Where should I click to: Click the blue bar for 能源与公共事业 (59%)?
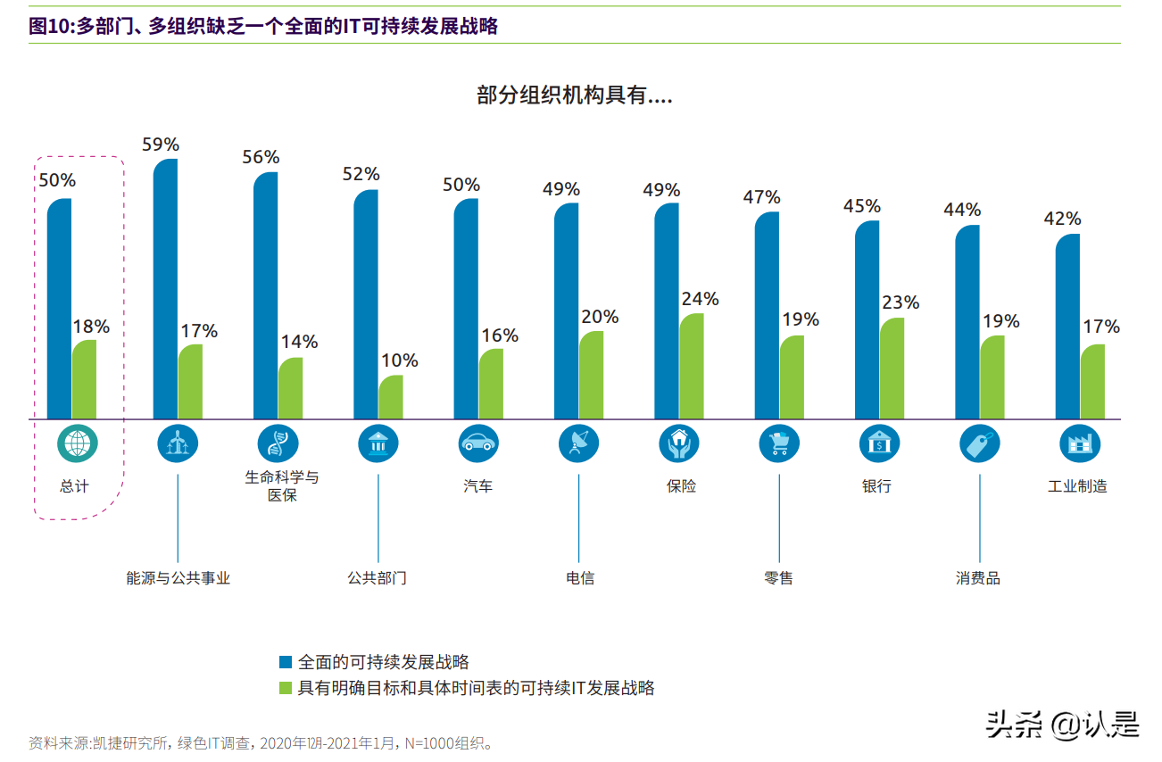[x=165, y=289]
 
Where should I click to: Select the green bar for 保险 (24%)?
[x=692, y=366]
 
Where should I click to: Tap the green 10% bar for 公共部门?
[x=391, y=397]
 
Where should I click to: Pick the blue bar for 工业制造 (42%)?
[x=1067, y=327]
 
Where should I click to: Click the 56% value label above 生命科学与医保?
[x=261, y=157]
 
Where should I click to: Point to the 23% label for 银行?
[x=901, y=302]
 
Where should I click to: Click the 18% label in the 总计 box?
[x=91, y=327]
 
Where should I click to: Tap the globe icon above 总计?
[x=78, y=443]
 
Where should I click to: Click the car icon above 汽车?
[x=478, y=443]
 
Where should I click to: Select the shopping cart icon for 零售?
[x=779, y=443]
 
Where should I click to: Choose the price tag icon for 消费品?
[x=980, y=443]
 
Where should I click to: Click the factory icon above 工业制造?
[x=1080, y=443]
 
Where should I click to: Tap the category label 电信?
[x=580, y=578]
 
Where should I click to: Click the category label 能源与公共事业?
[x=178, y=578]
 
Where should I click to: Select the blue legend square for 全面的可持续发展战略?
[x=286, y=662]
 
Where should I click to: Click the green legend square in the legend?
[x=286, y=688]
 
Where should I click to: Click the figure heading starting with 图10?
[x=263, y=27]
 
